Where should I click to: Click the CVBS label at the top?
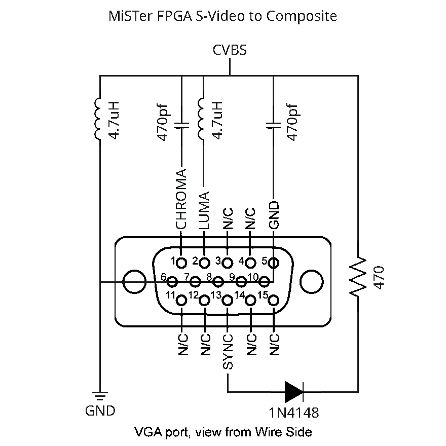tap(230, 50)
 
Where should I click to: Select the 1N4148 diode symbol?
tap(294, 392)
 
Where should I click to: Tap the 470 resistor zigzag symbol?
tap(358, 276)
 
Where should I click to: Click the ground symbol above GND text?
tap(100, 396)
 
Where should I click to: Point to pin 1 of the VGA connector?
tap(181, 263)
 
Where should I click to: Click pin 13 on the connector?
tap(227, 301)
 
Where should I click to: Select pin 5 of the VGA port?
tap(273, 263)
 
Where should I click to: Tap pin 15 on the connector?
tap(273, 301)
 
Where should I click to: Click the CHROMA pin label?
tap(181, 199)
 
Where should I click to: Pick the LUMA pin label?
tap(204, 210)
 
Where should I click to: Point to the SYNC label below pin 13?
tap(228, 352)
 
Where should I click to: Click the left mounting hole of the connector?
tap(134, 282)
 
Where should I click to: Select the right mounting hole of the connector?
tap(312, 282)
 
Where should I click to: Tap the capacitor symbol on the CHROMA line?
tap(181, 126)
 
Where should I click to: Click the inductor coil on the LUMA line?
tap(201, 119)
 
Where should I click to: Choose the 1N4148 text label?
tap(294, 413)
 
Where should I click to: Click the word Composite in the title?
tap(302, 16)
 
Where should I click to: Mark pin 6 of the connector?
tap(172, 282)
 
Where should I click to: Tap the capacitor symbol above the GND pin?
tap(273, 126)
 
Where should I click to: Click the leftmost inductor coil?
tap(97, 119)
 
